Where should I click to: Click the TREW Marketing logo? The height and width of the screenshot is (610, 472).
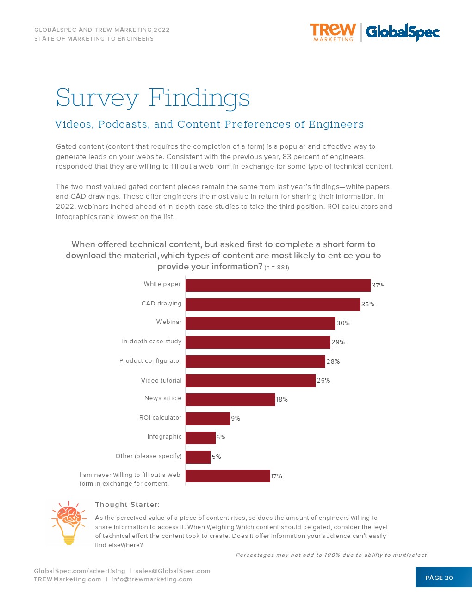pos(333,32)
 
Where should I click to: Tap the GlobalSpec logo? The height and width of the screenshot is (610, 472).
pos(402,32)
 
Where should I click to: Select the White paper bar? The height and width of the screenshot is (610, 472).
pos(278,285)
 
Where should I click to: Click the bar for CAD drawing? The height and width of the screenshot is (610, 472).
pos(273,304)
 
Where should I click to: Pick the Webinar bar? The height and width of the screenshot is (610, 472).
pos(260,323)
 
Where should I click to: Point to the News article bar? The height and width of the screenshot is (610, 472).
pos(230,399)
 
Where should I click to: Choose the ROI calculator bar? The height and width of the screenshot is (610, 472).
pos(208,418)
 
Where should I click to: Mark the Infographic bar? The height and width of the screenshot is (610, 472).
pos(200,437)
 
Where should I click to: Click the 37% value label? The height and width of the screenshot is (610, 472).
pos(378,286)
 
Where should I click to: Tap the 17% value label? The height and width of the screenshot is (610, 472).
pos(276,476)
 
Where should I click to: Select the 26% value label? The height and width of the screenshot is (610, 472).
pos(323,380)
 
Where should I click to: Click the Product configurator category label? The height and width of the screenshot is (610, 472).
pos(150,361)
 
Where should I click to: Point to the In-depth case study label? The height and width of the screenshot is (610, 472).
pos(152,342)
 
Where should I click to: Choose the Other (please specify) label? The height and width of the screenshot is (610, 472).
pos(149,456)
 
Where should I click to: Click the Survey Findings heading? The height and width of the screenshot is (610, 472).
pos(153,98)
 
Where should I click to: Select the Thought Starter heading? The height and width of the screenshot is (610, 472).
pos(127,505)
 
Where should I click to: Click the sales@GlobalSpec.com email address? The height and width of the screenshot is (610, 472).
pos(173,571)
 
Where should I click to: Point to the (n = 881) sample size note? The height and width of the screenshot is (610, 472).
pos(277,268)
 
